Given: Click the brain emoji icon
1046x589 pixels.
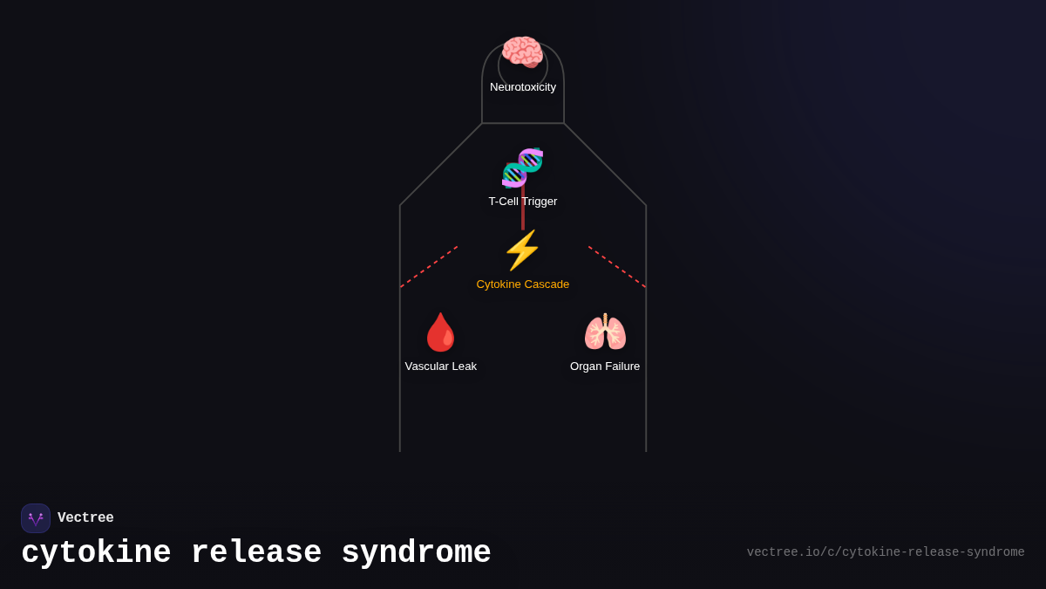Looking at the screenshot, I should point(522,51).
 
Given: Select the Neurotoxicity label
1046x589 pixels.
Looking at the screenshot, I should point(523,87).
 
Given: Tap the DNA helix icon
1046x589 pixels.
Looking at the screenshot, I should point(523,168).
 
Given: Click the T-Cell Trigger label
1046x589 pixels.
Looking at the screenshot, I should point(523,202).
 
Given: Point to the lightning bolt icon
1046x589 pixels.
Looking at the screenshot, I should point(522,250).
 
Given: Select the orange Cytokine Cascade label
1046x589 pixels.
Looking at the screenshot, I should point(523,284).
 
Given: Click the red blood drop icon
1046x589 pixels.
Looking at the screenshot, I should point(440,332).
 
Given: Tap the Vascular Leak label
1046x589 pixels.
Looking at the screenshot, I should point(441,366).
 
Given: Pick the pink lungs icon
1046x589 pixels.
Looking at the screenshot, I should point(605,332).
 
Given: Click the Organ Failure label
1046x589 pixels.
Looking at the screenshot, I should point(605,366).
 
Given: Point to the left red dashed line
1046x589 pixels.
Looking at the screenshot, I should point(429,266).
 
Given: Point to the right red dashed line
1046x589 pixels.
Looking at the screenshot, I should point(617,266).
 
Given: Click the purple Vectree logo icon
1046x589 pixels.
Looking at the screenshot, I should point(36,518).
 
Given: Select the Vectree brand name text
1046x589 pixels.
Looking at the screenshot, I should point(85,518).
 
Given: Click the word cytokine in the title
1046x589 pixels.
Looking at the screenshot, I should point(96,553).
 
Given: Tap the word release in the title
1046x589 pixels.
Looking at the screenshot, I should point(256,553).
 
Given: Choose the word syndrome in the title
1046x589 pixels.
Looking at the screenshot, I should point(416,553).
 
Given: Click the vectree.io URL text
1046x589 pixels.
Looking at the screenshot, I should point(886,552).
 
